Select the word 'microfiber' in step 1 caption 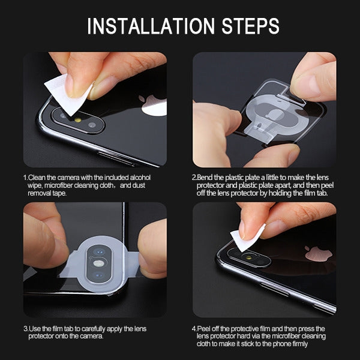[x=61, y=185]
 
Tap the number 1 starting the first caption [x=25, y=178]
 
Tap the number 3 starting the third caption [x=25, y=329]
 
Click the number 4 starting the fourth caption [x=193, y=329]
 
